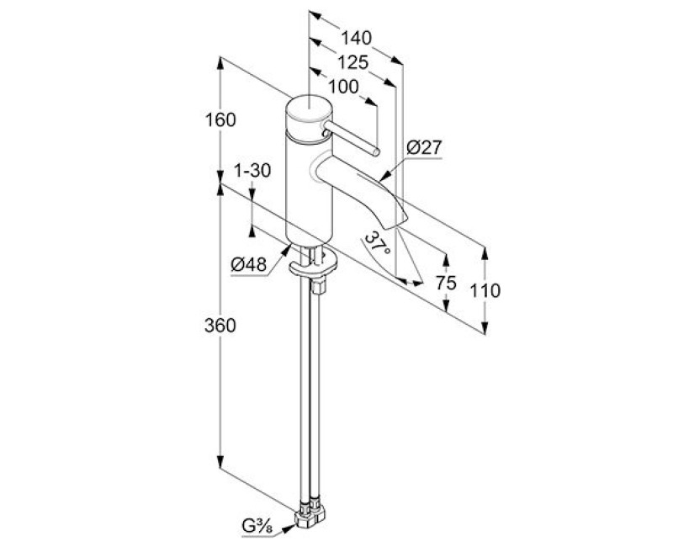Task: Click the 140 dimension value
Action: click(357, 38)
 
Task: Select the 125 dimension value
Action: click(351, 61)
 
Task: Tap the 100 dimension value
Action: click(342, 86)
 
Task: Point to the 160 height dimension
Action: click(220, 119)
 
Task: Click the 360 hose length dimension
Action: click(220, 326)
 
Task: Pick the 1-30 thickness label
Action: click(252, 171)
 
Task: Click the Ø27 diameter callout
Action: click(423, 147)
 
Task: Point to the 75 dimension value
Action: click(446, 284)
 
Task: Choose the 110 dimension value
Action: click(485, 291)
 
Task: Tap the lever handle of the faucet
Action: click(352, 141)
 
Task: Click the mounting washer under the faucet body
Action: click(310, 268)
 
